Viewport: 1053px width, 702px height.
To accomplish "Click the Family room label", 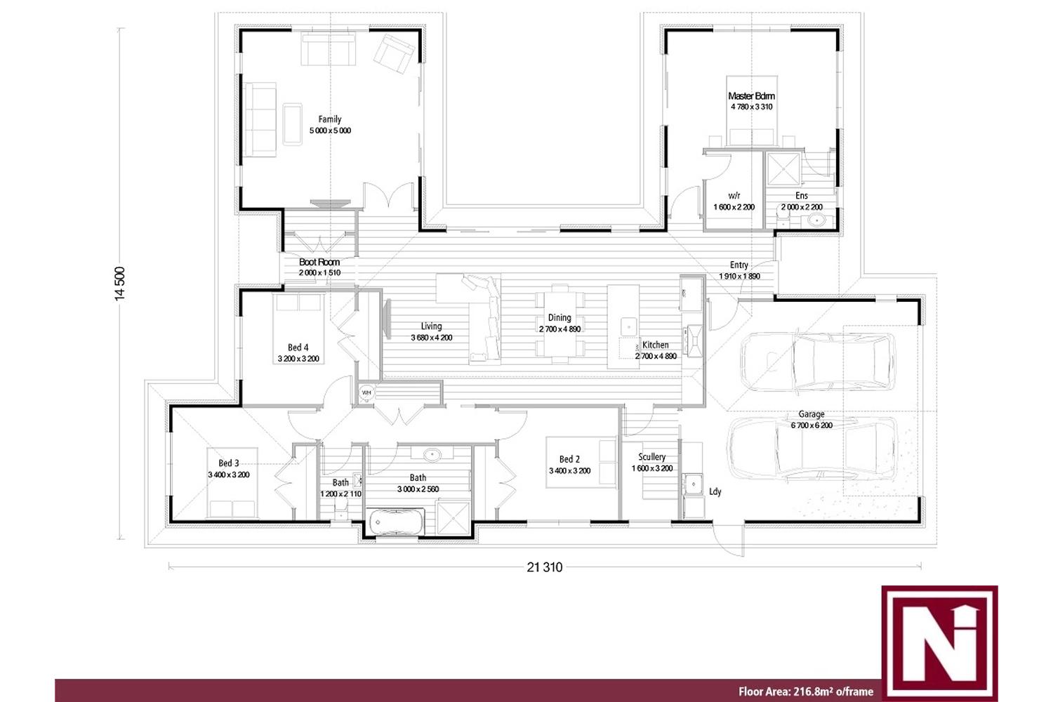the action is point(329,119).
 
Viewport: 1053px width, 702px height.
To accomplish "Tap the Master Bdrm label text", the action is point(751,96).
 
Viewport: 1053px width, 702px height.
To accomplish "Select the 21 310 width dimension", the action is point(544,567).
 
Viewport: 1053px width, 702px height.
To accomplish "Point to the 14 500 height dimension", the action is point(120,284).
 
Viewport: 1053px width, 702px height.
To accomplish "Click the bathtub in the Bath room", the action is point(397,522).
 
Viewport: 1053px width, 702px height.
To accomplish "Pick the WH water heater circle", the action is point(366,392).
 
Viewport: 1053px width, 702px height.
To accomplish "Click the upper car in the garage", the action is point(817,361).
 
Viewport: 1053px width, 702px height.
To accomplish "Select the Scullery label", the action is point(651,456).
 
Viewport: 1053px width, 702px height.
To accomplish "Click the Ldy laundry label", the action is point(715,492).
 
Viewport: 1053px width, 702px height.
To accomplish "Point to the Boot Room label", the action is point(319,262).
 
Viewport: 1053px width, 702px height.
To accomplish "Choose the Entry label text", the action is point(739,265).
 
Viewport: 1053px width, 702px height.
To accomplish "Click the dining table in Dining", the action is point(559,324).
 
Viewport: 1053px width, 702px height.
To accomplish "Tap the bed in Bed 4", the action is point(298,329).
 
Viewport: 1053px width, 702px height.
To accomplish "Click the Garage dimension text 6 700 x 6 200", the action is point(812,425).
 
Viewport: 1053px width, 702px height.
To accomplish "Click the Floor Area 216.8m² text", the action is point(806,691).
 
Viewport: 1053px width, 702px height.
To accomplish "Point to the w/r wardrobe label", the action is point(734,196).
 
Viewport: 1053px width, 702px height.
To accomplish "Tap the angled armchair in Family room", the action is point(394,53).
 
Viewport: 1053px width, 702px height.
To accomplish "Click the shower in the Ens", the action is point(783,168).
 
